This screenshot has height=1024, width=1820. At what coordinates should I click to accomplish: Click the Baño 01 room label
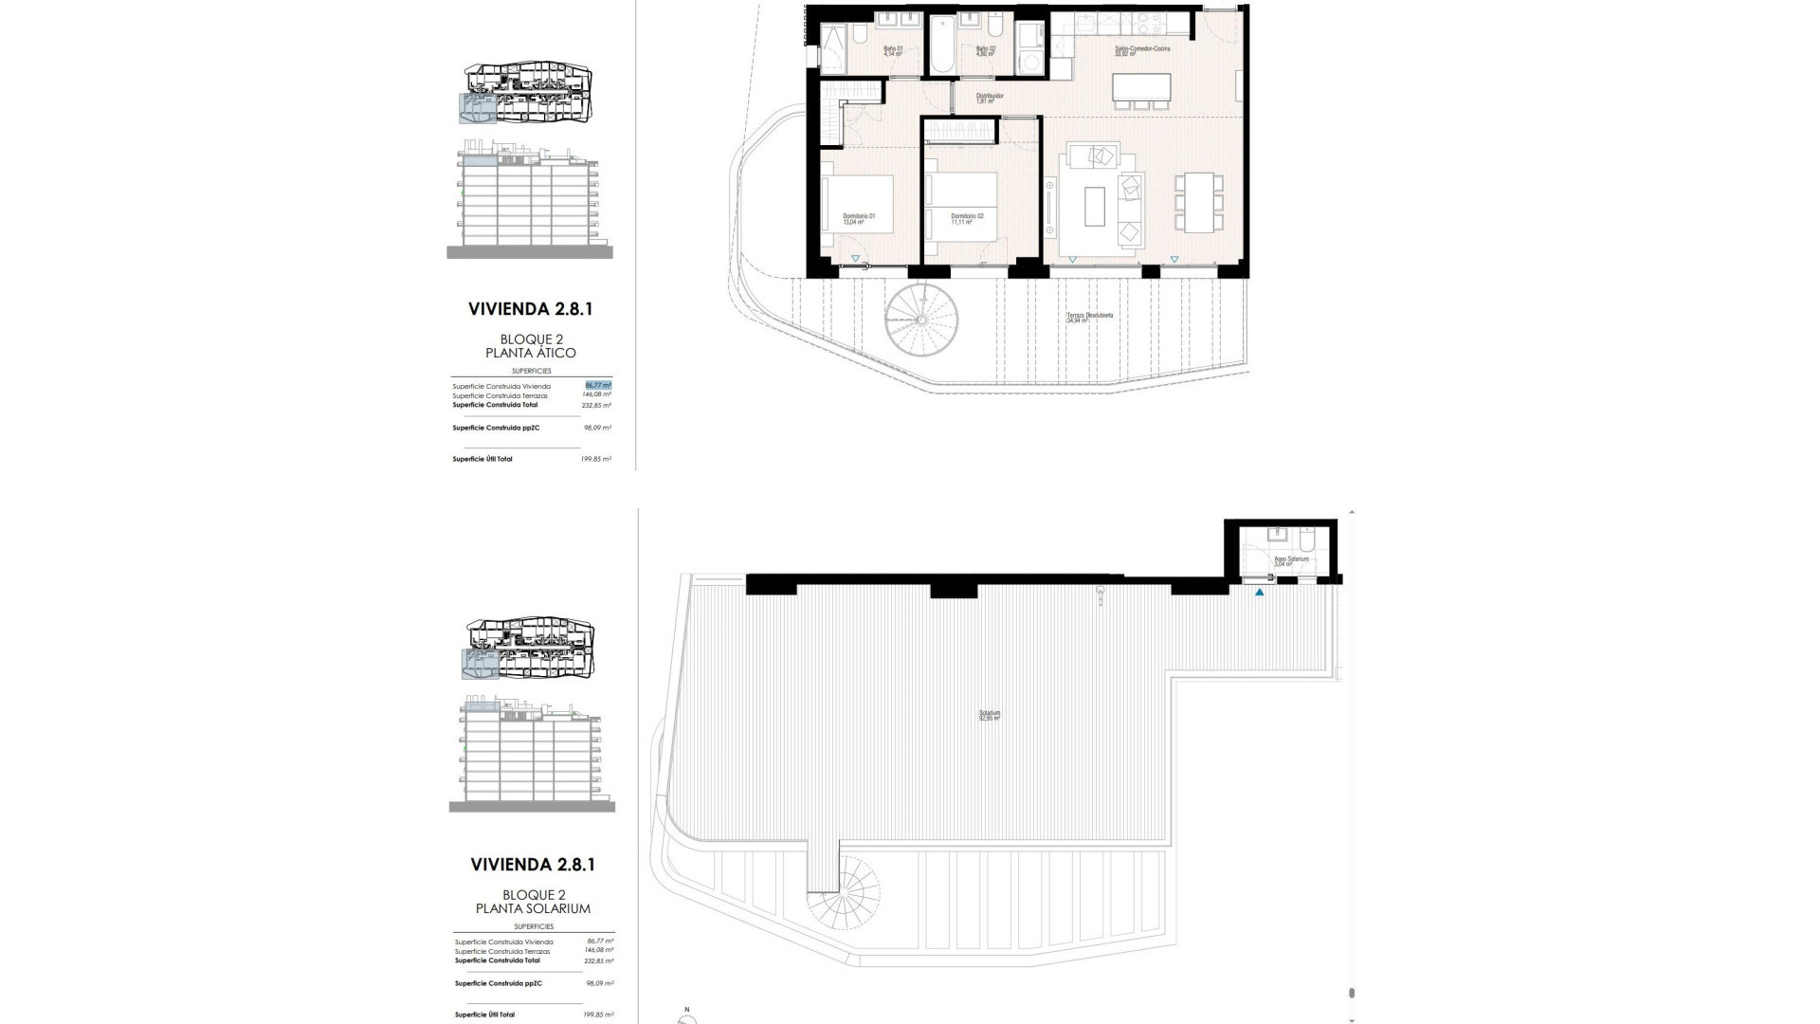[893, 51]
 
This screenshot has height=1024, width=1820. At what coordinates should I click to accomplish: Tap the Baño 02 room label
[986, 51]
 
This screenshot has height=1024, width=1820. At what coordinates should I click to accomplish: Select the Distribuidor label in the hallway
[990, 98]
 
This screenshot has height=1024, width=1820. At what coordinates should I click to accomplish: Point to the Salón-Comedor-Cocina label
[1141, 51]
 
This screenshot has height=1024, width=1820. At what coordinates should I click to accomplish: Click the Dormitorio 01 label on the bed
[859, 218]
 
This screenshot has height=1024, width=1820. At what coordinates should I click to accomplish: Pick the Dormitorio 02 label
[967, 218]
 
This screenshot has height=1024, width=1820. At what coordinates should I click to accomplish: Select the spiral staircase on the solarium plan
[843, 910]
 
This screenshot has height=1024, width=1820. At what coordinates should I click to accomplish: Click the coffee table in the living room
[1095, 207]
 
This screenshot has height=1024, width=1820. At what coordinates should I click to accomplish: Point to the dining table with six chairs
[1192, 203]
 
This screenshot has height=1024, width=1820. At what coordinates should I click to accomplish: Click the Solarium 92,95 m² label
[990, 716]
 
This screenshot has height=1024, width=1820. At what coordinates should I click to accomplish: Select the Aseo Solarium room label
[1290, 561]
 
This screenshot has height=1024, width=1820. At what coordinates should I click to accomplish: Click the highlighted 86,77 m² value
[598, 386]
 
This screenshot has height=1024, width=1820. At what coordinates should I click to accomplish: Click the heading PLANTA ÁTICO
[537, 353]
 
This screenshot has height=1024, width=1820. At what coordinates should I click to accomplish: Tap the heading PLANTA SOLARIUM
[533, 908]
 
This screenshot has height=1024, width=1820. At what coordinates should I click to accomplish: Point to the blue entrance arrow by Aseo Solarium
[1260, 594]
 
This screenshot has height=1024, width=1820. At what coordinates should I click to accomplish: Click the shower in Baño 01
[835, 48]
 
